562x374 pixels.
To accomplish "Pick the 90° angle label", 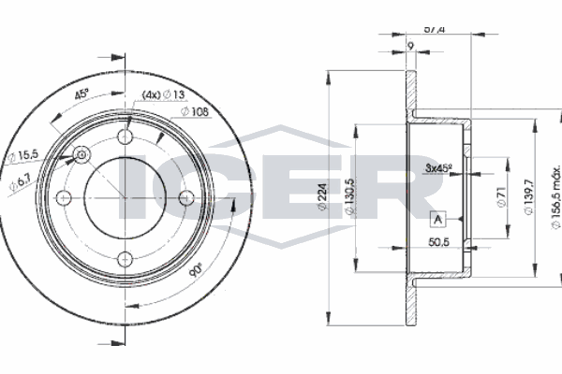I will coord(195,273).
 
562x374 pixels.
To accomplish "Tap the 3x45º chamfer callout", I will coord(437,169).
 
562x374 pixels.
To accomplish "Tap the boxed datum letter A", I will coord(437,220).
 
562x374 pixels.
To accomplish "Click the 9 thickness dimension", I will coord(410,45).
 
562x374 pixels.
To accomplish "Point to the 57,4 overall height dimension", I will coord(433,29).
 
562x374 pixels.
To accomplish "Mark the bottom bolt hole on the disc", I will coord(126,258).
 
